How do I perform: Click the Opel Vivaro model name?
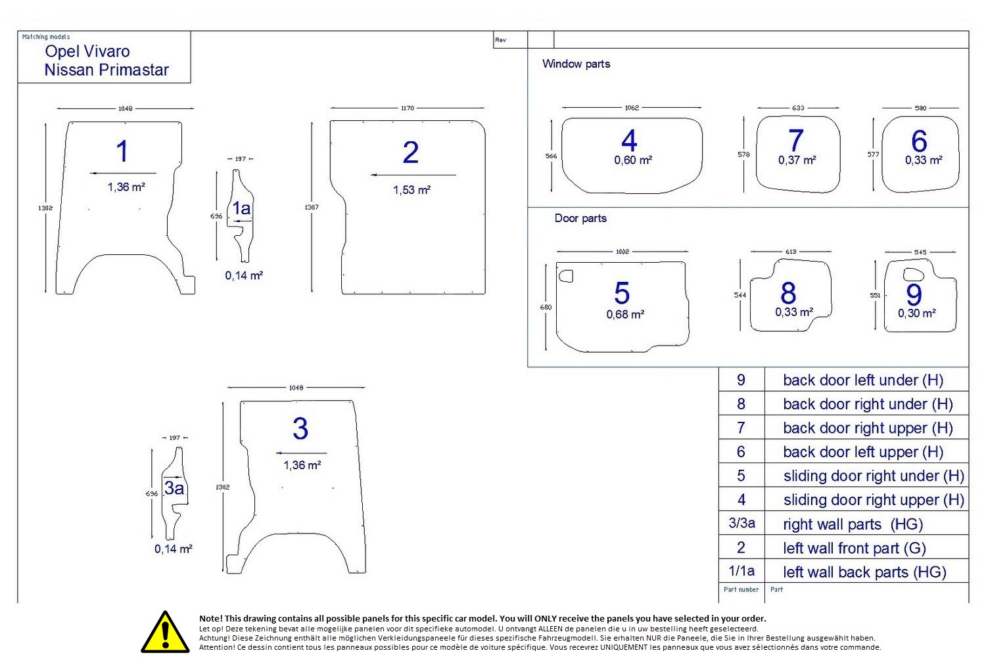pyautogui.click(x=87, y=51)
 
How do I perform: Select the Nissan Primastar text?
pyautogui.click(x=106, y=70)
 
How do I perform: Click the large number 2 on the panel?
pyautogui.click(x=410, y=152)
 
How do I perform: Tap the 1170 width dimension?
pyautogui.click(x=408, y=108)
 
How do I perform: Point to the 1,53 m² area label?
pyautogui.click(x=411, y=190)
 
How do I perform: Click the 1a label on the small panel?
pyautogui.click(x=241, y=209)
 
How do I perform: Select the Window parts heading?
pyautogui.click(x=576, y=64)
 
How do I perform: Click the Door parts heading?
pyautogui.click(x=580, y=218)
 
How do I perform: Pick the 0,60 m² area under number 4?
pyautogui.click(x=633, y=160)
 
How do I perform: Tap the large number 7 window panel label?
pyautogui.click(x=796, y=141)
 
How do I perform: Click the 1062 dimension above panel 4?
pyautogui.click(x=632, y=108)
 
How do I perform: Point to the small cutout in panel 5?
pyautogui.click(x=565, y=276)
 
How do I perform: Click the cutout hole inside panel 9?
pyautogui.click(x=914, y=275)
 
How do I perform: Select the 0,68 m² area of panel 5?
pyautogui.click(x=625, y=315)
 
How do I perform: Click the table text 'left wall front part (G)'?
pyautogui.click(x=854, y=548)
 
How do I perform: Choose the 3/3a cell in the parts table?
pyautogui.click(x=741, y=524)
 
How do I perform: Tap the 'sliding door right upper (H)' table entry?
pyautogui.click(x=873, y=500)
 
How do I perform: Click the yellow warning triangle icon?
pyautogui.click(x=166, y=632)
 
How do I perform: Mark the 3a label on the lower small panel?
pyautogui.click(x=174, y=488)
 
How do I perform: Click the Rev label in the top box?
pyautogui.click(x=501, y=40)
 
